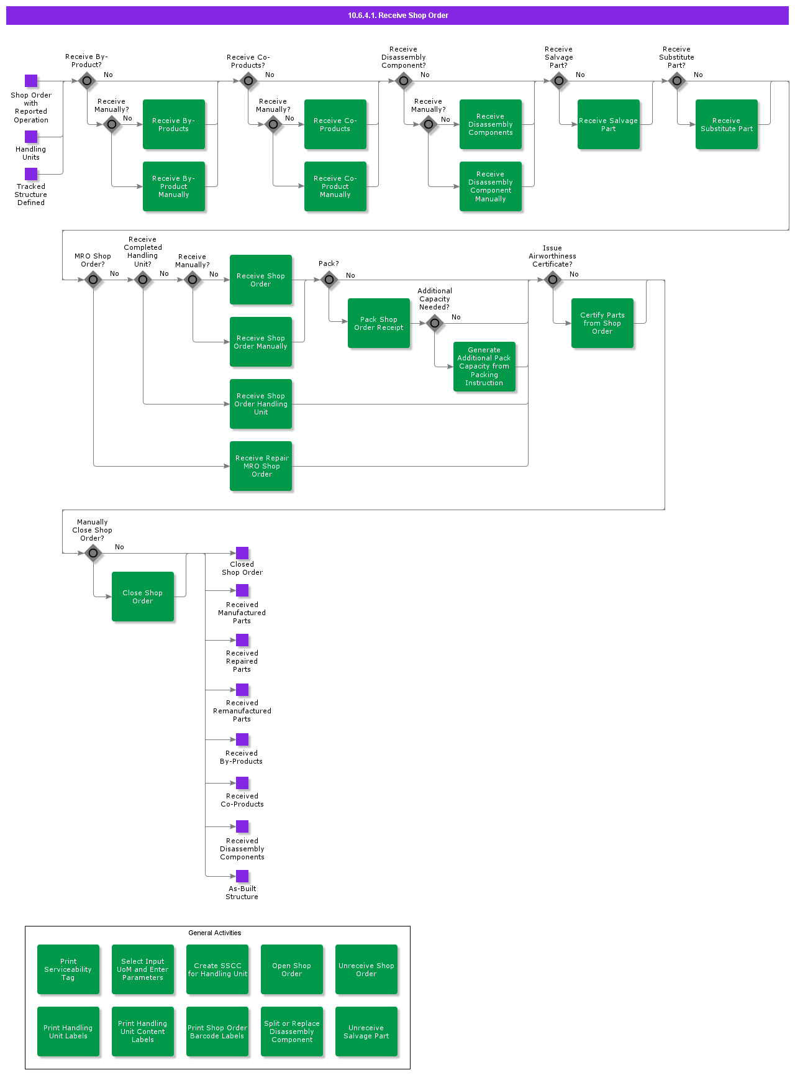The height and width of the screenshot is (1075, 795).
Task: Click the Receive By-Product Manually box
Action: click(x=174, y=186)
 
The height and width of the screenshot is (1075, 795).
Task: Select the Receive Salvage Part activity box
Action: click(x=609, y=124)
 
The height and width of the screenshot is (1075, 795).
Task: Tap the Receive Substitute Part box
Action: click(x=727, y=124)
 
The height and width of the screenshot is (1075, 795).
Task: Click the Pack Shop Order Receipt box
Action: click(x=379, y=323)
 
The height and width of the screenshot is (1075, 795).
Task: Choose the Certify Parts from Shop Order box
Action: click(x=602, y=323)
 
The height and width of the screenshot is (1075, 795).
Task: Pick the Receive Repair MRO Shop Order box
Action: click(x=261, y=466)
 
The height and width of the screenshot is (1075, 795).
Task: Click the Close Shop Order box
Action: click(x=143, y=597)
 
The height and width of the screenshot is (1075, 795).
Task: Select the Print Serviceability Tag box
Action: click(x=68, y=969)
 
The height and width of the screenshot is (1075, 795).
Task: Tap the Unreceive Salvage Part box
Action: click(x=366, y=1032)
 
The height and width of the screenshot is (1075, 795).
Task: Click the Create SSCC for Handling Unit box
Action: click(x=217, y=969)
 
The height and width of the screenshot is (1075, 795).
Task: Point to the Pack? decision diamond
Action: click(x=329, y=280)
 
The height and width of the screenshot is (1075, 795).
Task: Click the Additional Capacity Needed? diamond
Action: click(x=435, y=323)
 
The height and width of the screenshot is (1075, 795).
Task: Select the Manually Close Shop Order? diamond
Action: click(x=93, y=553)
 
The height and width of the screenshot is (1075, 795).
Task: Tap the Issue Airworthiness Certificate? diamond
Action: click(x=553, y=280)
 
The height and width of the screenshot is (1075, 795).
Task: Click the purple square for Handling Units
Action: click(x=31, y=137)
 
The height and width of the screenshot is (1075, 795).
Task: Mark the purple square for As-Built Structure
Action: click(x=242, y=876)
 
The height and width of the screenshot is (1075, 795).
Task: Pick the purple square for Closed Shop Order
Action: click(x=242, y=553)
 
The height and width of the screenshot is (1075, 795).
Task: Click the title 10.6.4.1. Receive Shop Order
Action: click(x=397, y=16)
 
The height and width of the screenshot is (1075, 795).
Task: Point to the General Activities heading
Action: click(x=215, y=933)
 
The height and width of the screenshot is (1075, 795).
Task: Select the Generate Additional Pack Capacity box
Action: click(x=484, y=367)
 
